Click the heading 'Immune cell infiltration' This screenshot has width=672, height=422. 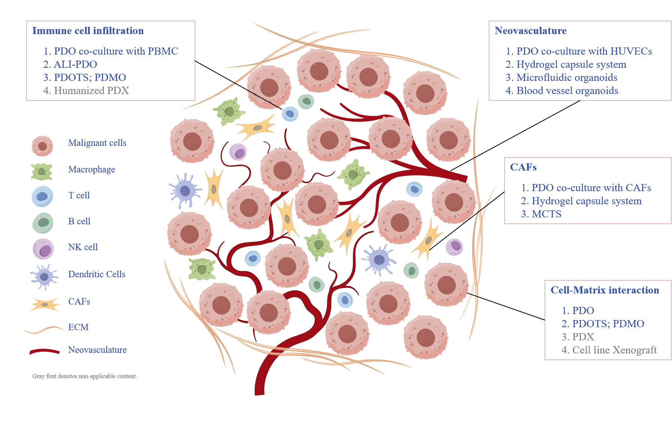point(88,31)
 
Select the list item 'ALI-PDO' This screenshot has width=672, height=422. point(75,64)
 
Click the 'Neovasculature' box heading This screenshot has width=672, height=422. point(530,31)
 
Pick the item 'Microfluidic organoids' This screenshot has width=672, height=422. point(566,78)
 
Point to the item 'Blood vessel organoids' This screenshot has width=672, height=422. point(567,91)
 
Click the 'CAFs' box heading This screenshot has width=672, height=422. point(523,167)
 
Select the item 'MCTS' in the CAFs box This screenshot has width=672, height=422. point(546,214)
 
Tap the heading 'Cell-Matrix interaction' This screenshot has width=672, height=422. point(605,290)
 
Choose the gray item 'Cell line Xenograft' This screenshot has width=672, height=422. point(614,350)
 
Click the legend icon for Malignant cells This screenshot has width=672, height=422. point(42,146)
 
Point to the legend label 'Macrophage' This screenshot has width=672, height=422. point(91,169)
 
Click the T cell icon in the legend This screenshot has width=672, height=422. point(42,196)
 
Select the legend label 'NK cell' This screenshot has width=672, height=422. point(83,247)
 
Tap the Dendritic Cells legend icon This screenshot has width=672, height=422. point(44,277)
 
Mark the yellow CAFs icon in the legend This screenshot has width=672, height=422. point(45,304)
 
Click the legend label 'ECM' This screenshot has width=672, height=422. point(78,327)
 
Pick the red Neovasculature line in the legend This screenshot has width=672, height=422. point(45,352)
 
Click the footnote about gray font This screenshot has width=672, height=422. point(84,376)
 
